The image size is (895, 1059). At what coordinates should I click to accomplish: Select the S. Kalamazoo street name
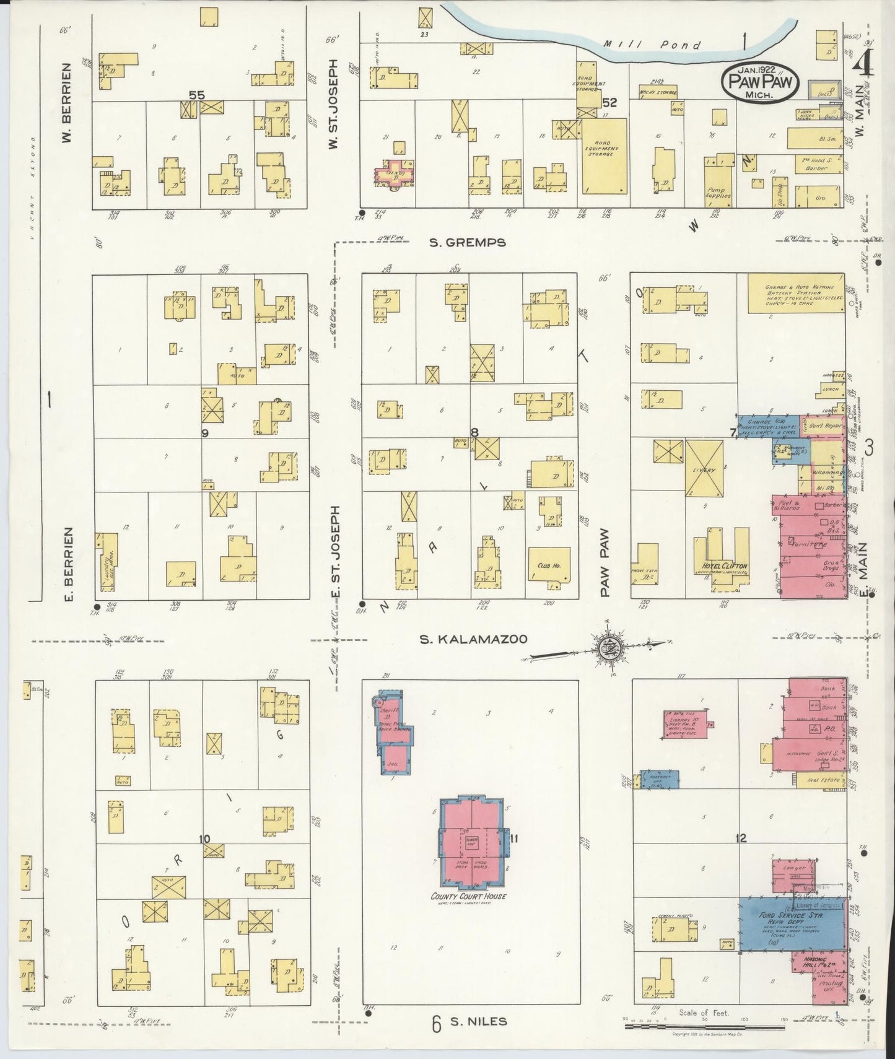[474, 639]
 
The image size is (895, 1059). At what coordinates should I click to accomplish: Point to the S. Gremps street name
[468, 242]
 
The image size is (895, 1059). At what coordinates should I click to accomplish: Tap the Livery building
[704, 469]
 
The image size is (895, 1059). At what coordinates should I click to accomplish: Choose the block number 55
[197, 95]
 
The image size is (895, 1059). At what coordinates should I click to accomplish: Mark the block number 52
[609, 103]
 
